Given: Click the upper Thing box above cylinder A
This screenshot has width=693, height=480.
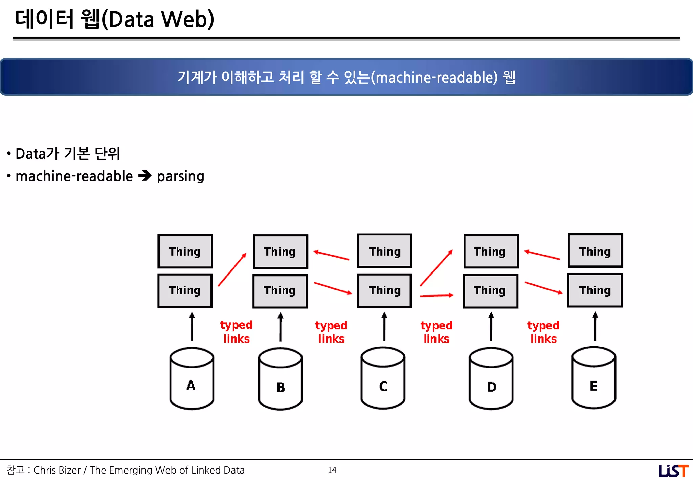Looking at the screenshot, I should coord(185,251).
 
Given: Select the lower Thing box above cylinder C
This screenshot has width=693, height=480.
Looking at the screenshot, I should coord(384,291).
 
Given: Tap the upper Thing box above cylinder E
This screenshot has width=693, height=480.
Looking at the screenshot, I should coord(595,251).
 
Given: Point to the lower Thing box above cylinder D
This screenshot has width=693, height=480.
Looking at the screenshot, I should coord(490,291).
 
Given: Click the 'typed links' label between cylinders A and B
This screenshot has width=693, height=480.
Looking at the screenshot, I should coord(236,332).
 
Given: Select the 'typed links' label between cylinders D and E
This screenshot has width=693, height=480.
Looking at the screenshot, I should coord(543,332).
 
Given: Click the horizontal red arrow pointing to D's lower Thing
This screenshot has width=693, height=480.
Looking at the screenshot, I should coord(437,296).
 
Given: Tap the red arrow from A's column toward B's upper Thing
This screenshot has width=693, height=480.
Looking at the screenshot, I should coord(232,269).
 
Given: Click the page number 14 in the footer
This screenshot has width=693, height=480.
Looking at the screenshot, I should coord(332,470).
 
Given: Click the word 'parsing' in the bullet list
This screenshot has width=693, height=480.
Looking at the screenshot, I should coord(180,176).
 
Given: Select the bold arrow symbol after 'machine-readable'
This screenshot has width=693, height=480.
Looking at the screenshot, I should coord(145,176).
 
